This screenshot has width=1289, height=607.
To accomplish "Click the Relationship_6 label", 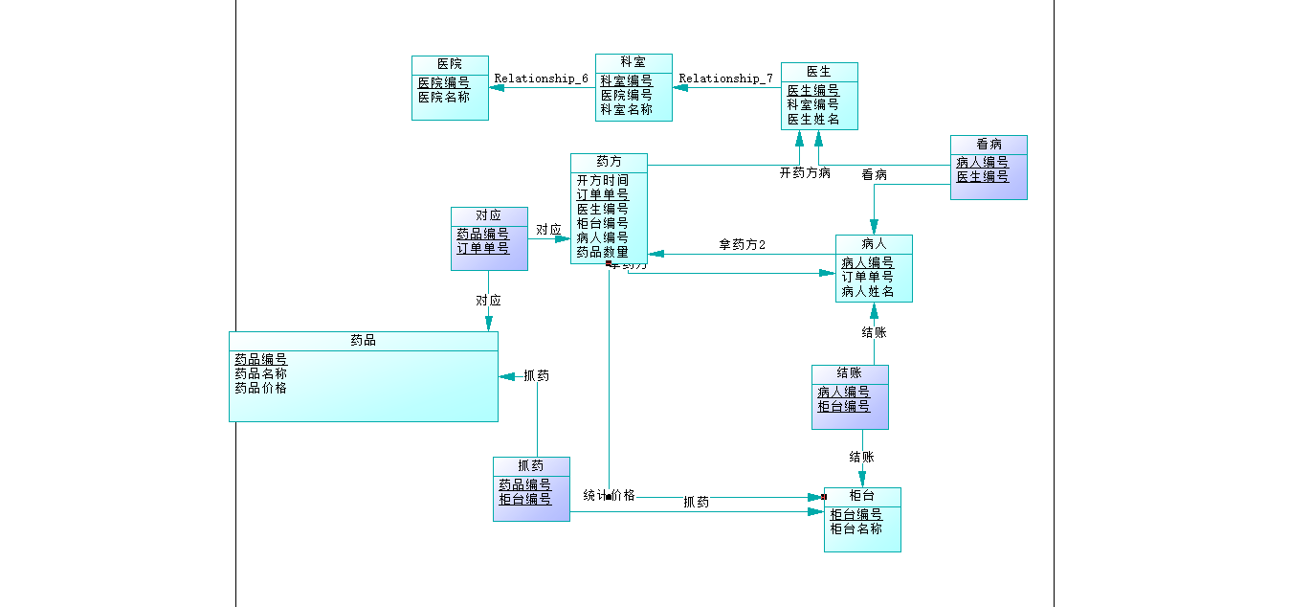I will tap(541, 79).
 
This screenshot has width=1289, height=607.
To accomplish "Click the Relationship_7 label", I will tap(725, 79).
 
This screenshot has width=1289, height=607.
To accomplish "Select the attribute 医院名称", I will tap(444, 97).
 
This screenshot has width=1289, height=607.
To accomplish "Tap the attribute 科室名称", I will tap(627, 109).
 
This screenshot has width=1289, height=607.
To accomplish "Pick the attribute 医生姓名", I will tap(813, 119).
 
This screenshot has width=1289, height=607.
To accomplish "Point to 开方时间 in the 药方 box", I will tap(603, 180).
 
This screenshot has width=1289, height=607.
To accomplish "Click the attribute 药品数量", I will tap(603, 252).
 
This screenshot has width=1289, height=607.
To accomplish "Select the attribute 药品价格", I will tap(260, 388).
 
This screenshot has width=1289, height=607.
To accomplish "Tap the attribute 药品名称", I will tap(260, 373).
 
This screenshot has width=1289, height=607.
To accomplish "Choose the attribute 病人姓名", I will tap(868, 291).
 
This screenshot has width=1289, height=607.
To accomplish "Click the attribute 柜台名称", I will tap(856, 528).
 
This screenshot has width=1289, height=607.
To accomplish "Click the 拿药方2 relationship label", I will tap(742, 245).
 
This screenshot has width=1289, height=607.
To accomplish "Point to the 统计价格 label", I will tap(609, 495).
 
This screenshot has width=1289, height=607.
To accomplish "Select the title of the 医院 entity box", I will tap(450, 63).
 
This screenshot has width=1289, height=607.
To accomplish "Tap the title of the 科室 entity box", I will tap(633, 61).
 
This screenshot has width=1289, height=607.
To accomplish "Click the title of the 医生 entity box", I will tap(819, 71).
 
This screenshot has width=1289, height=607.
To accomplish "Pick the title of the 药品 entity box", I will tap(363, 340).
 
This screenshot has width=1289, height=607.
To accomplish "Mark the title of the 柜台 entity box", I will tap(862, 495).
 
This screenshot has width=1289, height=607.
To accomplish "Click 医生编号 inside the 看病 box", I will tap(983, 176).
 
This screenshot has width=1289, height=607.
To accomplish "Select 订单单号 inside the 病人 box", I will tap(868, 277).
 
